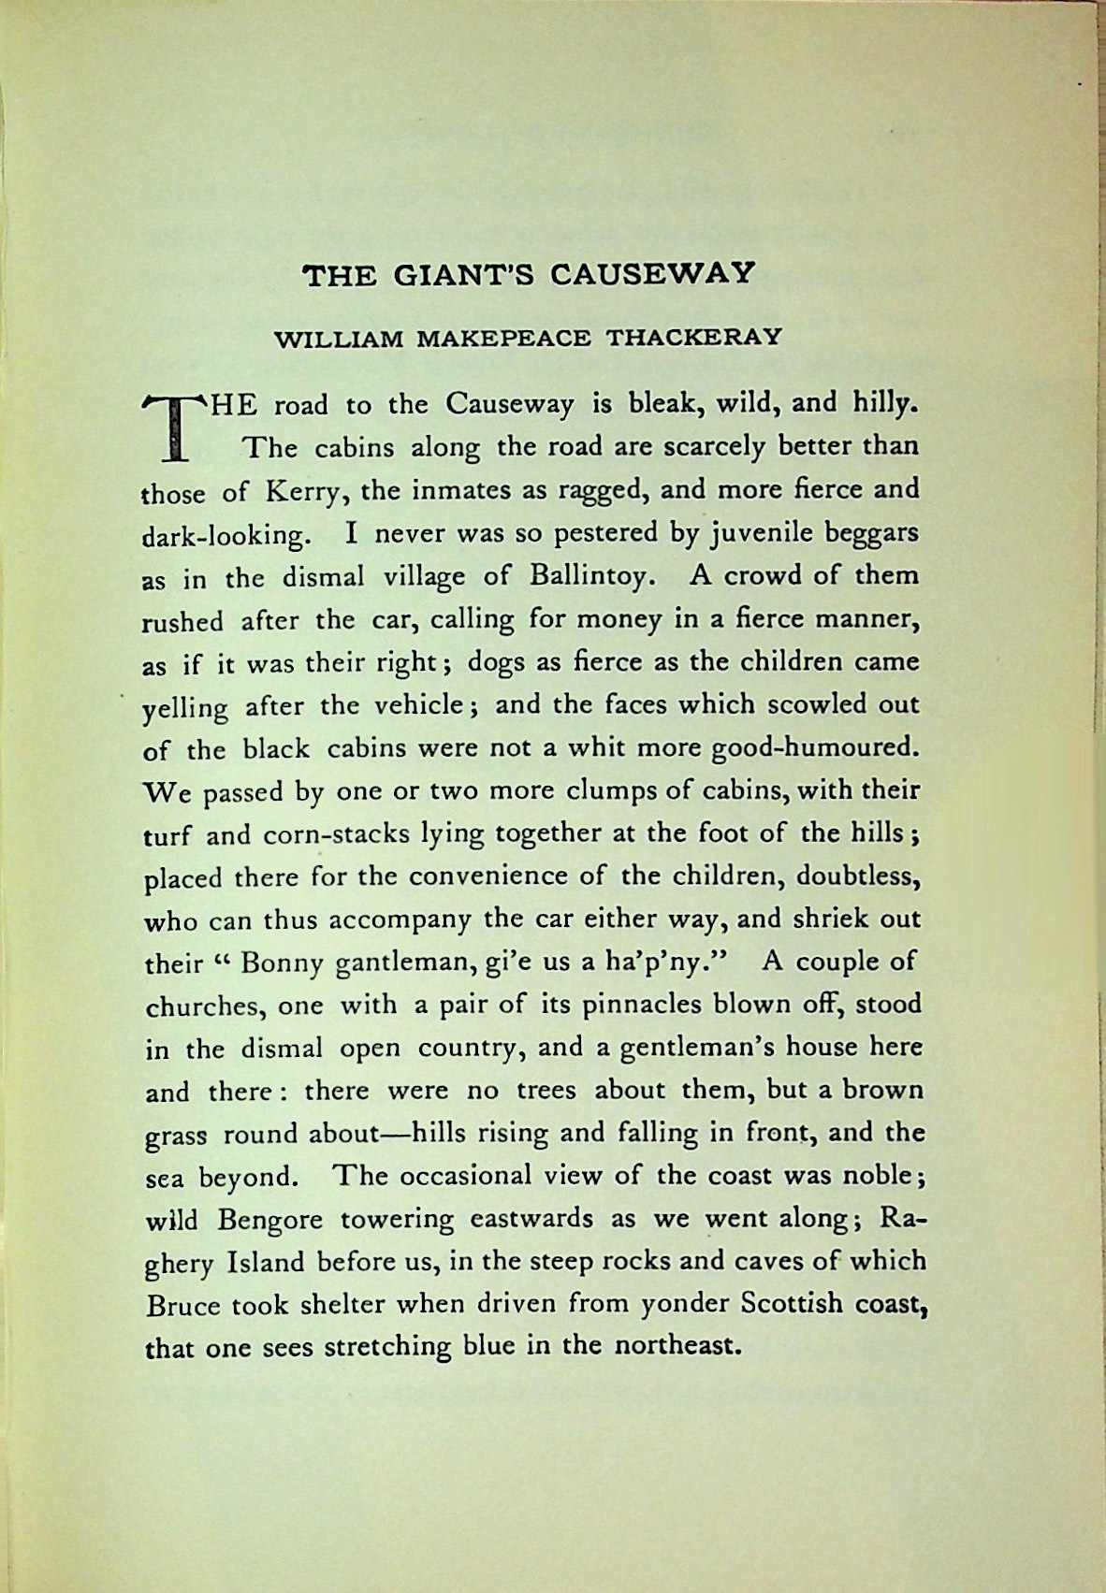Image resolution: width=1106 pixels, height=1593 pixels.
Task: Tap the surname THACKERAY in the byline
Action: (694, 338)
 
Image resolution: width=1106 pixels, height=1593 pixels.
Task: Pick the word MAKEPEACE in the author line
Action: (503, 338)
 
